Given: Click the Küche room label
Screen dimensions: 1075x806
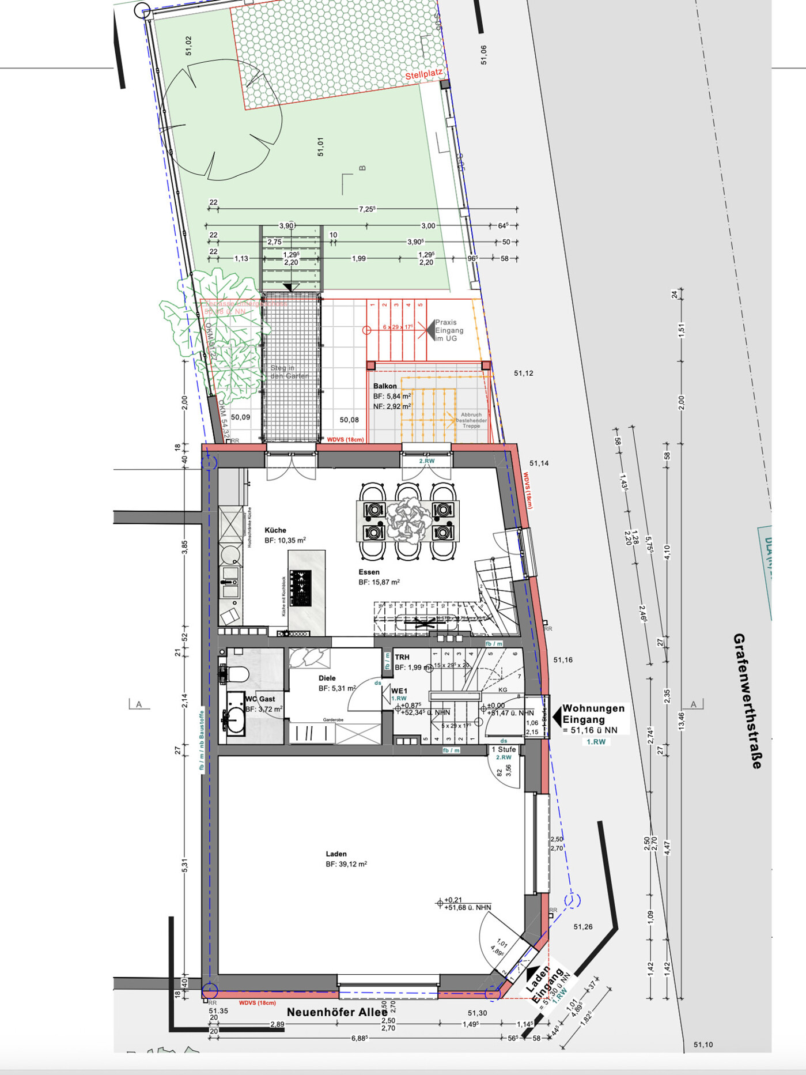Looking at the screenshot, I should [x=275, y=530].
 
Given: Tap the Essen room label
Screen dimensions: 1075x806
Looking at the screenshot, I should [x=369, y=572].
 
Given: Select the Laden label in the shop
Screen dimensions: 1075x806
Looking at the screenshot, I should [x=336, y=854].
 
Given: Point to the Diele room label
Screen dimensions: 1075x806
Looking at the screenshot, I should [x=327, y=678].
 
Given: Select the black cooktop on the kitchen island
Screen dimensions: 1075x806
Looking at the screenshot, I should [x=300, y=587].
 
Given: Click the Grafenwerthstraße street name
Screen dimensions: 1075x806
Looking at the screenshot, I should [x=748, y=701].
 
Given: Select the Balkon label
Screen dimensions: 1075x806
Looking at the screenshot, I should [x=385, y=386].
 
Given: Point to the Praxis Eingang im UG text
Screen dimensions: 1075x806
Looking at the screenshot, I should [x=448, y=330].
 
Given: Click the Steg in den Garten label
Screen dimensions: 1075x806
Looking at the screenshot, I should [x=289, y=372].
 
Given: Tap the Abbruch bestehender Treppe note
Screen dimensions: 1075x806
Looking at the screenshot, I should [x=471, y=420].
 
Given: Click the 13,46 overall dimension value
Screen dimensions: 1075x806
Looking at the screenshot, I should [x=682, y=721].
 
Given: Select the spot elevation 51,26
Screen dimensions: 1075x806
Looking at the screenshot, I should [x=582, y=927].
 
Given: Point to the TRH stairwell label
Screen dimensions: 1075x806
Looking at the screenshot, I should [x=402, y=657].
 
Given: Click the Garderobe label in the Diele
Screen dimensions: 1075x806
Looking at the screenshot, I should [x=333, y=720].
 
